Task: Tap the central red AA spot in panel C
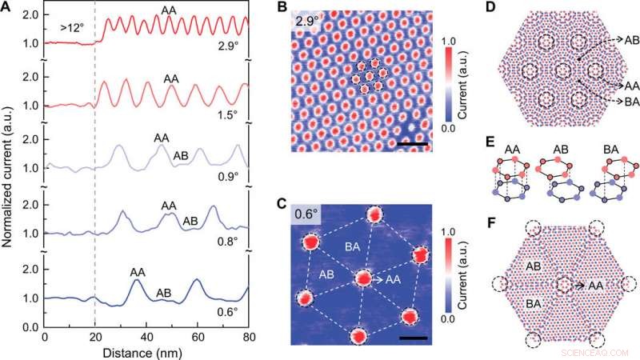(x=364, y=279)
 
